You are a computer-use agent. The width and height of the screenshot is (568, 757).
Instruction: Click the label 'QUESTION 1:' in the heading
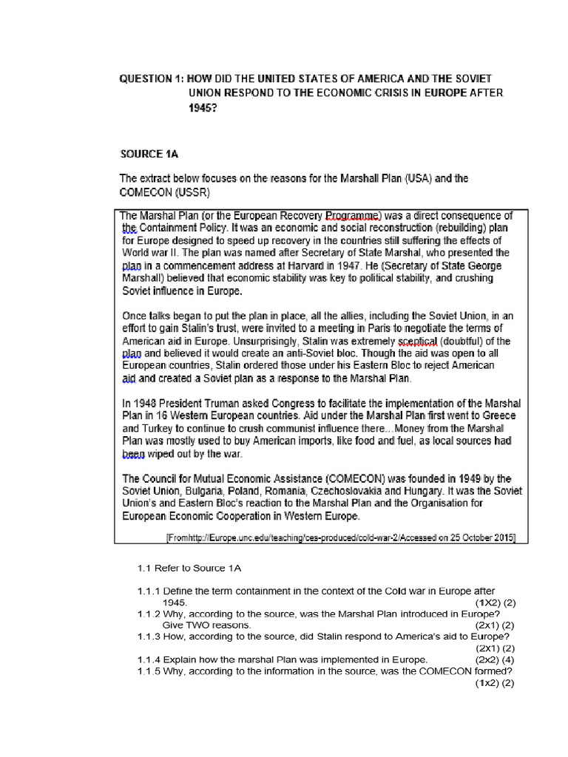coord(152,78)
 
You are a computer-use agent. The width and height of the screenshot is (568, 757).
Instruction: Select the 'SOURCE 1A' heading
coord(150,154)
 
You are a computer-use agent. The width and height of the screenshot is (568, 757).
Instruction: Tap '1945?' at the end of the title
coord(203,107)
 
